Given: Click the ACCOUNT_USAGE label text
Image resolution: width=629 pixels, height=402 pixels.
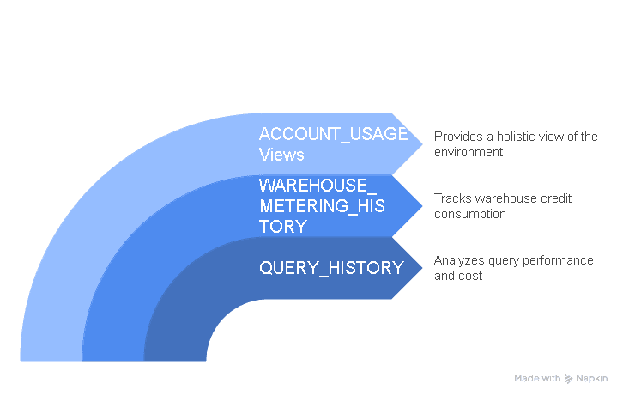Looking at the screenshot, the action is (333, 134).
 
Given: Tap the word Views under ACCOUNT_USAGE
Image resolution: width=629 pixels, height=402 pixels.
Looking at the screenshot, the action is (281, 155).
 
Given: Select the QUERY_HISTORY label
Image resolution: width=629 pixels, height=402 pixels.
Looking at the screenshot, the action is (331, 268).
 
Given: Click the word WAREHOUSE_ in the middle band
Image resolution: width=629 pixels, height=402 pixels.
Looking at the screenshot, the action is (318, 186).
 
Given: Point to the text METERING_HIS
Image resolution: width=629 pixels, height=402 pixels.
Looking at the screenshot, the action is (322, 206).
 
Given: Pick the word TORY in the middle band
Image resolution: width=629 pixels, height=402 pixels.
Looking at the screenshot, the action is (283, 227).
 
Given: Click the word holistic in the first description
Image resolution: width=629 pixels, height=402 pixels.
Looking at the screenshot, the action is (516, 137).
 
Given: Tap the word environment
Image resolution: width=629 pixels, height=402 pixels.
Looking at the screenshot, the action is (469, 152).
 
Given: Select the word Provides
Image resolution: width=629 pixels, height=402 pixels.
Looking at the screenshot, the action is (458, 137).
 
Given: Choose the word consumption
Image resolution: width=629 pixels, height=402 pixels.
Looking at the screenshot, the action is (470, 214).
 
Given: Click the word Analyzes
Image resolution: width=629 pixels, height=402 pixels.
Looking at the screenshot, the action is (459, 260).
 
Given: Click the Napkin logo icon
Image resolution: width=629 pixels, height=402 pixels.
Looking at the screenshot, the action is (568, 378).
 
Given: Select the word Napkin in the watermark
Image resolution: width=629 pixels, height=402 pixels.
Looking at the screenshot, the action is (592, 378).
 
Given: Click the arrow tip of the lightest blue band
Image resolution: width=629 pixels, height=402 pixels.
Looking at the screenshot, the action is (422, 144).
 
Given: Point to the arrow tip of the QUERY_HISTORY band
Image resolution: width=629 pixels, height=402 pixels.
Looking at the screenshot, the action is (422, 268).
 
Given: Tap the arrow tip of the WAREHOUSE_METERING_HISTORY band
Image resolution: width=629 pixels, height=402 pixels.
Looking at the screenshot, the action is (422, 206).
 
